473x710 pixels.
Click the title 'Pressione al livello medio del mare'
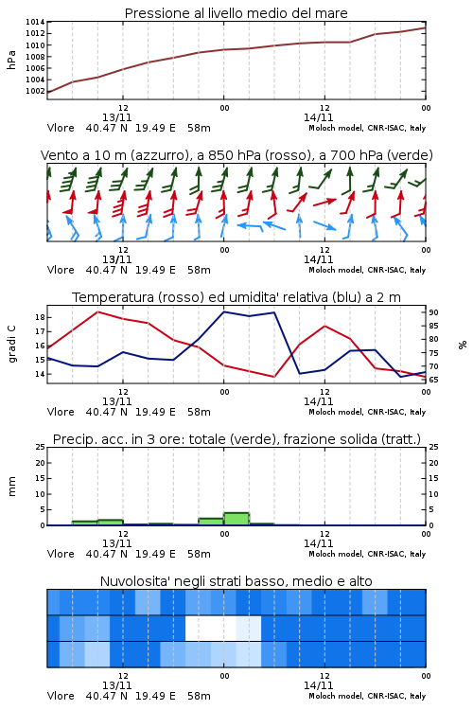[x=236, y=13]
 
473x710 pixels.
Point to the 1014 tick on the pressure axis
[x=35, y=22]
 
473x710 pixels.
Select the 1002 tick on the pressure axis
[x=35, y=91]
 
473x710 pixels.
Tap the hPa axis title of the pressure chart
[x=11, y=60]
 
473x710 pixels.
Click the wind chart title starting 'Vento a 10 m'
[x=236, y=155]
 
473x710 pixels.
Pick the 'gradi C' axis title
[x=11, y=344]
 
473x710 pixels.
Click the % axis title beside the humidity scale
[x=463, y=345]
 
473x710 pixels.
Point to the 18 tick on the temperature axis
[x=40, y=317]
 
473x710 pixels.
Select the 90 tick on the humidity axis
[x=433, y=312]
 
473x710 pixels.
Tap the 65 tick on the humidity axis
[x=433, y=380]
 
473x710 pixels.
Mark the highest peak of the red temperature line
[x=98, y=311]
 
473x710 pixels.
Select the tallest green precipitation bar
[x=236, y=519]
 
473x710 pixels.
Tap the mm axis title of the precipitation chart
[x=11, y=487]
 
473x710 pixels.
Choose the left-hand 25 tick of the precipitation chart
[x=40, y=447]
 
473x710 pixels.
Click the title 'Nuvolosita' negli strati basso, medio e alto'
[x=236, y=581]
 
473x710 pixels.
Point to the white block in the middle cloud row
[x=210, y=628]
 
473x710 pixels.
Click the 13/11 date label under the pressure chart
[x=116, y=117]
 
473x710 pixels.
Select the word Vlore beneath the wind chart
[x=61, y=270]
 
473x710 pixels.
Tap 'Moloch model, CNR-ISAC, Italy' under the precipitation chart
[x=367, y=554]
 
